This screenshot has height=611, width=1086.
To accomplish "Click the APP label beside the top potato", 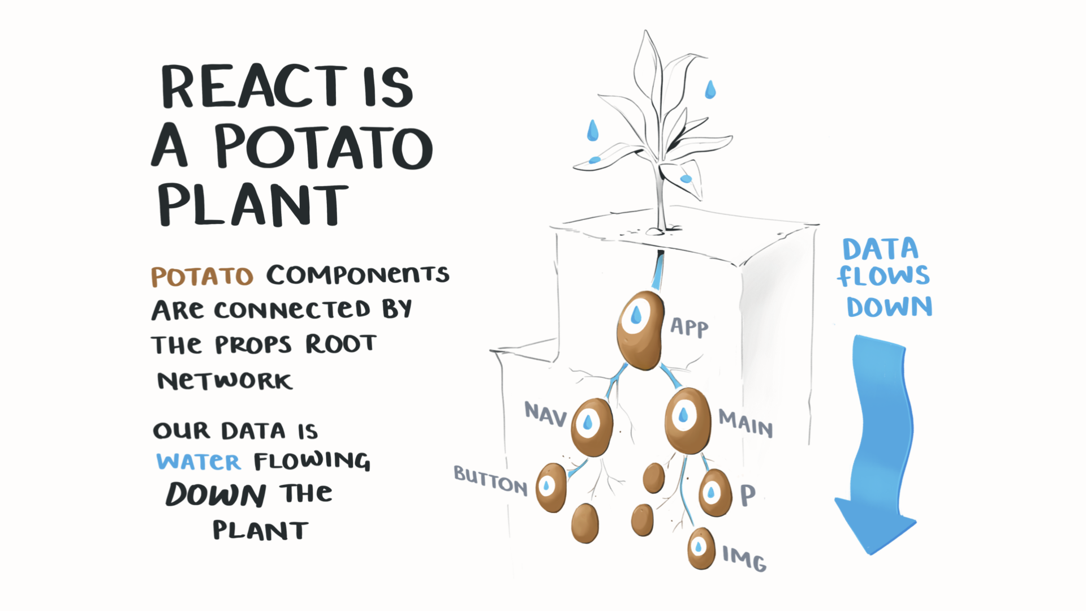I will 689,327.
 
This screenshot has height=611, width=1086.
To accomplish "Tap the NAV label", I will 545,414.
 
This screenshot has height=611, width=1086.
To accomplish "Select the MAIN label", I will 745,423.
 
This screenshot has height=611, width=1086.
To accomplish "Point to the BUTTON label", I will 490,481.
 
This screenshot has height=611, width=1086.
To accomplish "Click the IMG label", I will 744,558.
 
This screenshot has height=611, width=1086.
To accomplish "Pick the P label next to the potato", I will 748,496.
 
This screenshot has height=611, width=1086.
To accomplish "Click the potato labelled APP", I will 640,330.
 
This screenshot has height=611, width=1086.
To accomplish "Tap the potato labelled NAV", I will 592,426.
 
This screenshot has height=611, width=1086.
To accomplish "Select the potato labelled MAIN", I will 687,420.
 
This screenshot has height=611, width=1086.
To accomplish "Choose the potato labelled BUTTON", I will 551,488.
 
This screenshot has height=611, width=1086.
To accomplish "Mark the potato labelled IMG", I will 701,548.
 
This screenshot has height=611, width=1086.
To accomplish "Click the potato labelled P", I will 715,492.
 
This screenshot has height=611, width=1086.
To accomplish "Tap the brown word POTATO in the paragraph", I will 202,277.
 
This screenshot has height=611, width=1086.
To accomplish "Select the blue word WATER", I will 199,462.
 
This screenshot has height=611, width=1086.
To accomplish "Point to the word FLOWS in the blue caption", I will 883,277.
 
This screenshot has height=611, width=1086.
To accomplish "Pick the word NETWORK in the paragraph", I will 225,381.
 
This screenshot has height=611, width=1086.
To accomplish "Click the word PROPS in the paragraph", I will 253,345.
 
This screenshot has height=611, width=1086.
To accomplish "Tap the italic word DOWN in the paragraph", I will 216,494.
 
